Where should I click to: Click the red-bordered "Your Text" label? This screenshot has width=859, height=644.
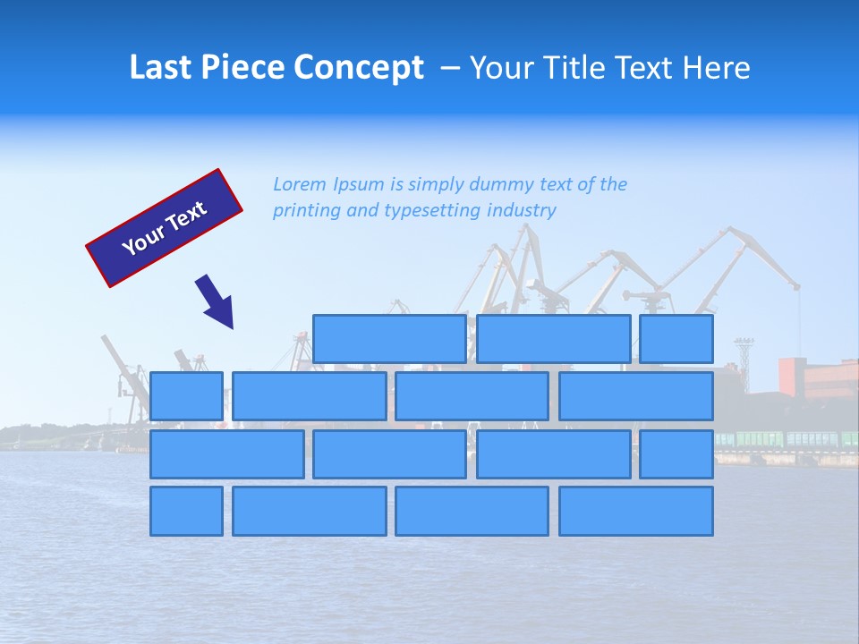pos(165,228)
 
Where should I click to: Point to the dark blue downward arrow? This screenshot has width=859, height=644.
pos(216,301)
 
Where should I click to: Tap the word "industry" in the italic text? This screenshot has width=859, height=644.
pos(522,210)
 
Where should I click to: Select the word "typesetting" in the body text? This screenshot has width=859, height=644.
pos(433,211)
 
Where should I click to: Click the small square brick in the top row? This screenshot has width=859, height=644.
pos(676,339)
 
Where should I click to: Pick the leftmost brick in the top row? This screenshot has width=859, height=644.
pos(390,339)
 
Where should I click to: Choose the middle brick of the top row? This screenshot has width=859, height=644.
pos(554,339)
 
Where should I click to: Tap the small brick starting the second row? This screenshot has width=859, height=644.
pos(186,396)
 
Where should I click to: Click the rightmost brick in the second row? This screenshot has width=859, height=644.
pos(636,396)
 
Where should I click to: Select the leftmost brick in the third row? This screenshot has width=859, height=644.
pos(227,454)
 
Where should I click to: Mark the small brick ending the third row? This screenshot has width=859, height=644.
pos(676,454)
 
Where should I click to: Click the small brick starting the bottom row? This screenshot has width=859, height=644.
pos(186,512)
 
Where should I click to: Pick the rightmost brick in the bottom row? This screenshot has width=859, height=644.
pos(636,512)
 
